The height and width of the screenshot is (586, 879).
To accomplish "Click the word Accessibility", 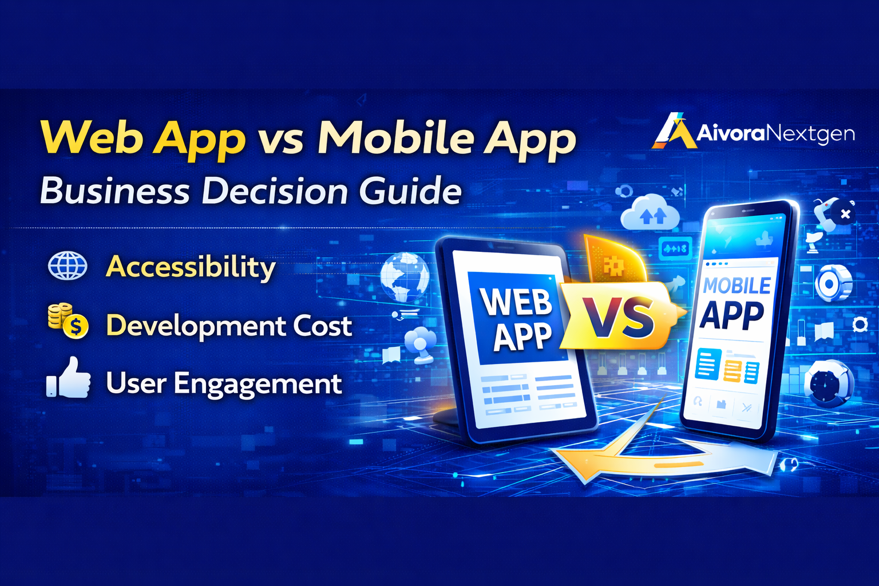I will (191, 267).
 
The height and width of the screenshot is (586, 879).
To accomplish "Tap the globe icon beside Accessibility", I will (68, 266).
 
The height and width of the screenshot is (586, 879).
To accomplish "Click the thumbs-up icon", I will (69, 378).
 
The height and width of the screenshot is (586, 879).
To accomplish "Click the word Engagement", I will (258, 384).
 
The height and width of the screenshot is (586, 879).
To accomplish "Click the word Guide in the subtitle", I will (410, 191).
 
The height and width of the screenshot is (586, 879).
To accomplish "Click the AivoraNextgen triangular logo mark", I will (674, 131).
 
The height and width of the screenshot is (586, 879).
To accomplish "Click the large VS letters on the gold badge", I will (619, 318).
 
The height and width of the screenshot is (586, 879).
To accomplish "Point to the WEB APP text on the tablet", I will (516, 318).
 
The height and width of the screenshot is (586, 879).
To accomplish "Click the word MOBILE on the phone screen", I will (737, 285).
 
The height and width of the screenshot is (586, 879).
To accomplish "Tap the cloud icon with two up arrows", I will (651, 214).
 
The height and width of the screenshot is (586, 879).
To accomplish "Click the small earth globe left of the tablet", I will (405, 277).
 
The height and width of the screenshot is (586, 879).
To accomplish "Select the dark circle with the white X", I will (845, 214).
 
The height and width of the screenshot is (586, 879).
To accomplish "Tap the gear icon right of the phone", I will (860, 325).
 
